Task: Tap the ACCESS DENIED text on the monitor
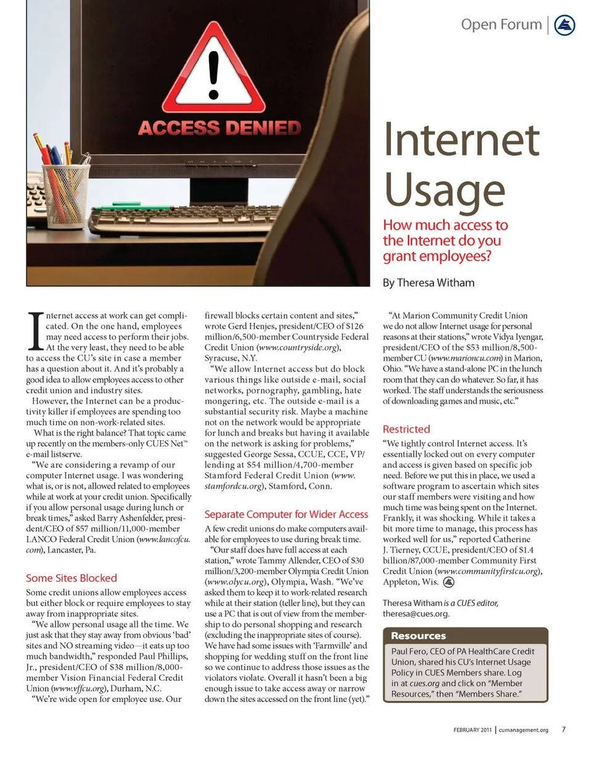(220, 128)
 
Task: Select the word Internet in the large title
(461, 140)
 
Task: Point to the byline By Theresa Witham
(429, 283)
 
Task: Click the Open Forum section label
(501, 25)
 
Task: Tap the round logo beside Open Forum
(565, 25)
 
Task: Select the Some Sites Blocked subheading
(71, 578)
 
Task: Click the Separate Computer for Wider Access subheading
(286, 514)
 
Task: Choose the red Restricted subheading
(406, 429)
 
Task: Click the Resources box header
(418, 636)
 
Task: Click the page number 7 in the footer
(564, 730)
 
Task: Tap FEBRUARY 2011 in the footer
(472, 730)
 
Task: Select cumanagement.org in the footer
(524, 730)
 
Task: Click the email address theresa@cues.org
(416, 614)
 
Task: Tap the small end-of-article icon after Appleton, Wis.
(449, 582)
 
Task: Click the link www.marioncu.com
(463, 358)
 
